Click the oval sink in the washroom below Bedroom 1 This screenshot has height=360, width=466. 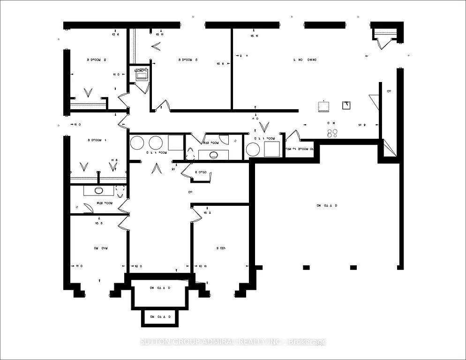coord(99,190)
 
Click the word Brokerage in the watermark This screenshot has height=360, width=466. coord(307,342)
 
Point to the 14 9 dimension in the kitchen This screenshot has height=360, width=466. coord(362,125)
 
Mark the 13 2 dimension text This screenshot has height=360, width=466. coord(207,212)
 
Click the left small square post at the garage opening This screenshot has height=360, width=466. coord(306,267)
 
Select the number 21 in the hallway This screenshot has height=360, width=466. coord(173,169)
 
